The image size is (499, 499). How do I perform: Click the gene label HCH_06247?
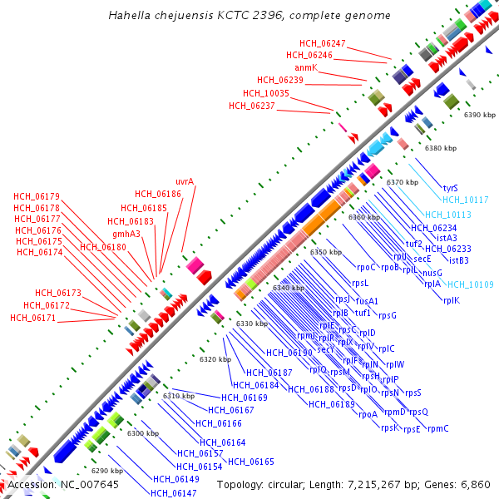pos(323,43)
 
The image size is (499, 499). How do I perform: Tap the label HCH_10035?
pos(266,93)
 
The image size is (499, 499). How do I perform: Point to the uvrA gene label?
pos(185,181)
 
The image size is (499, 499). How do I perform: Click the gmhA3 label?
pos(126,234)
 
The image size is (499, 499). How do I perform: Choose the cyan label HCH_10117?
pos(465,200)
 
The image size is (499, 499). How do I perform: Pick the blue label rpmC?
pos(437,429)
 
